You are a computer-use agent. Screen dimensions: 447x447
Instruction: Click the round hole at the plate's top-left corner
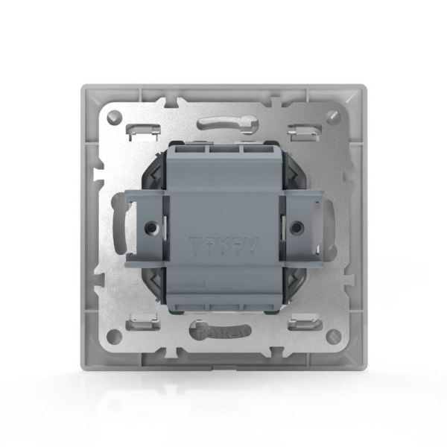click(114, 116)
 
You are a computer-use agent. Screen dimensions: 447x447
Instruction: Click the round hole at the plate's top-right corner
click(332, 116)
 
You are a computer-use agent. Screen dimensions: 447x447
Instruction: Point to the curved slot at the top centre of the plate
click(223, 121)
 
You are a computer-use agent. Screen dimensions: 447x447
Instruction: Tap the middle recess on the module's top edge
click(223, 150)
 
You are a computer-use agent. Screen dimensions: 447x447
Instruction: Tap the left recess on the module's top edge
click(194, 150)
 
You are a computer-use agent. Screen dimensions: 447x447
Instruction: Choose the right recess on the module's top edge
click(253, 150)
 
